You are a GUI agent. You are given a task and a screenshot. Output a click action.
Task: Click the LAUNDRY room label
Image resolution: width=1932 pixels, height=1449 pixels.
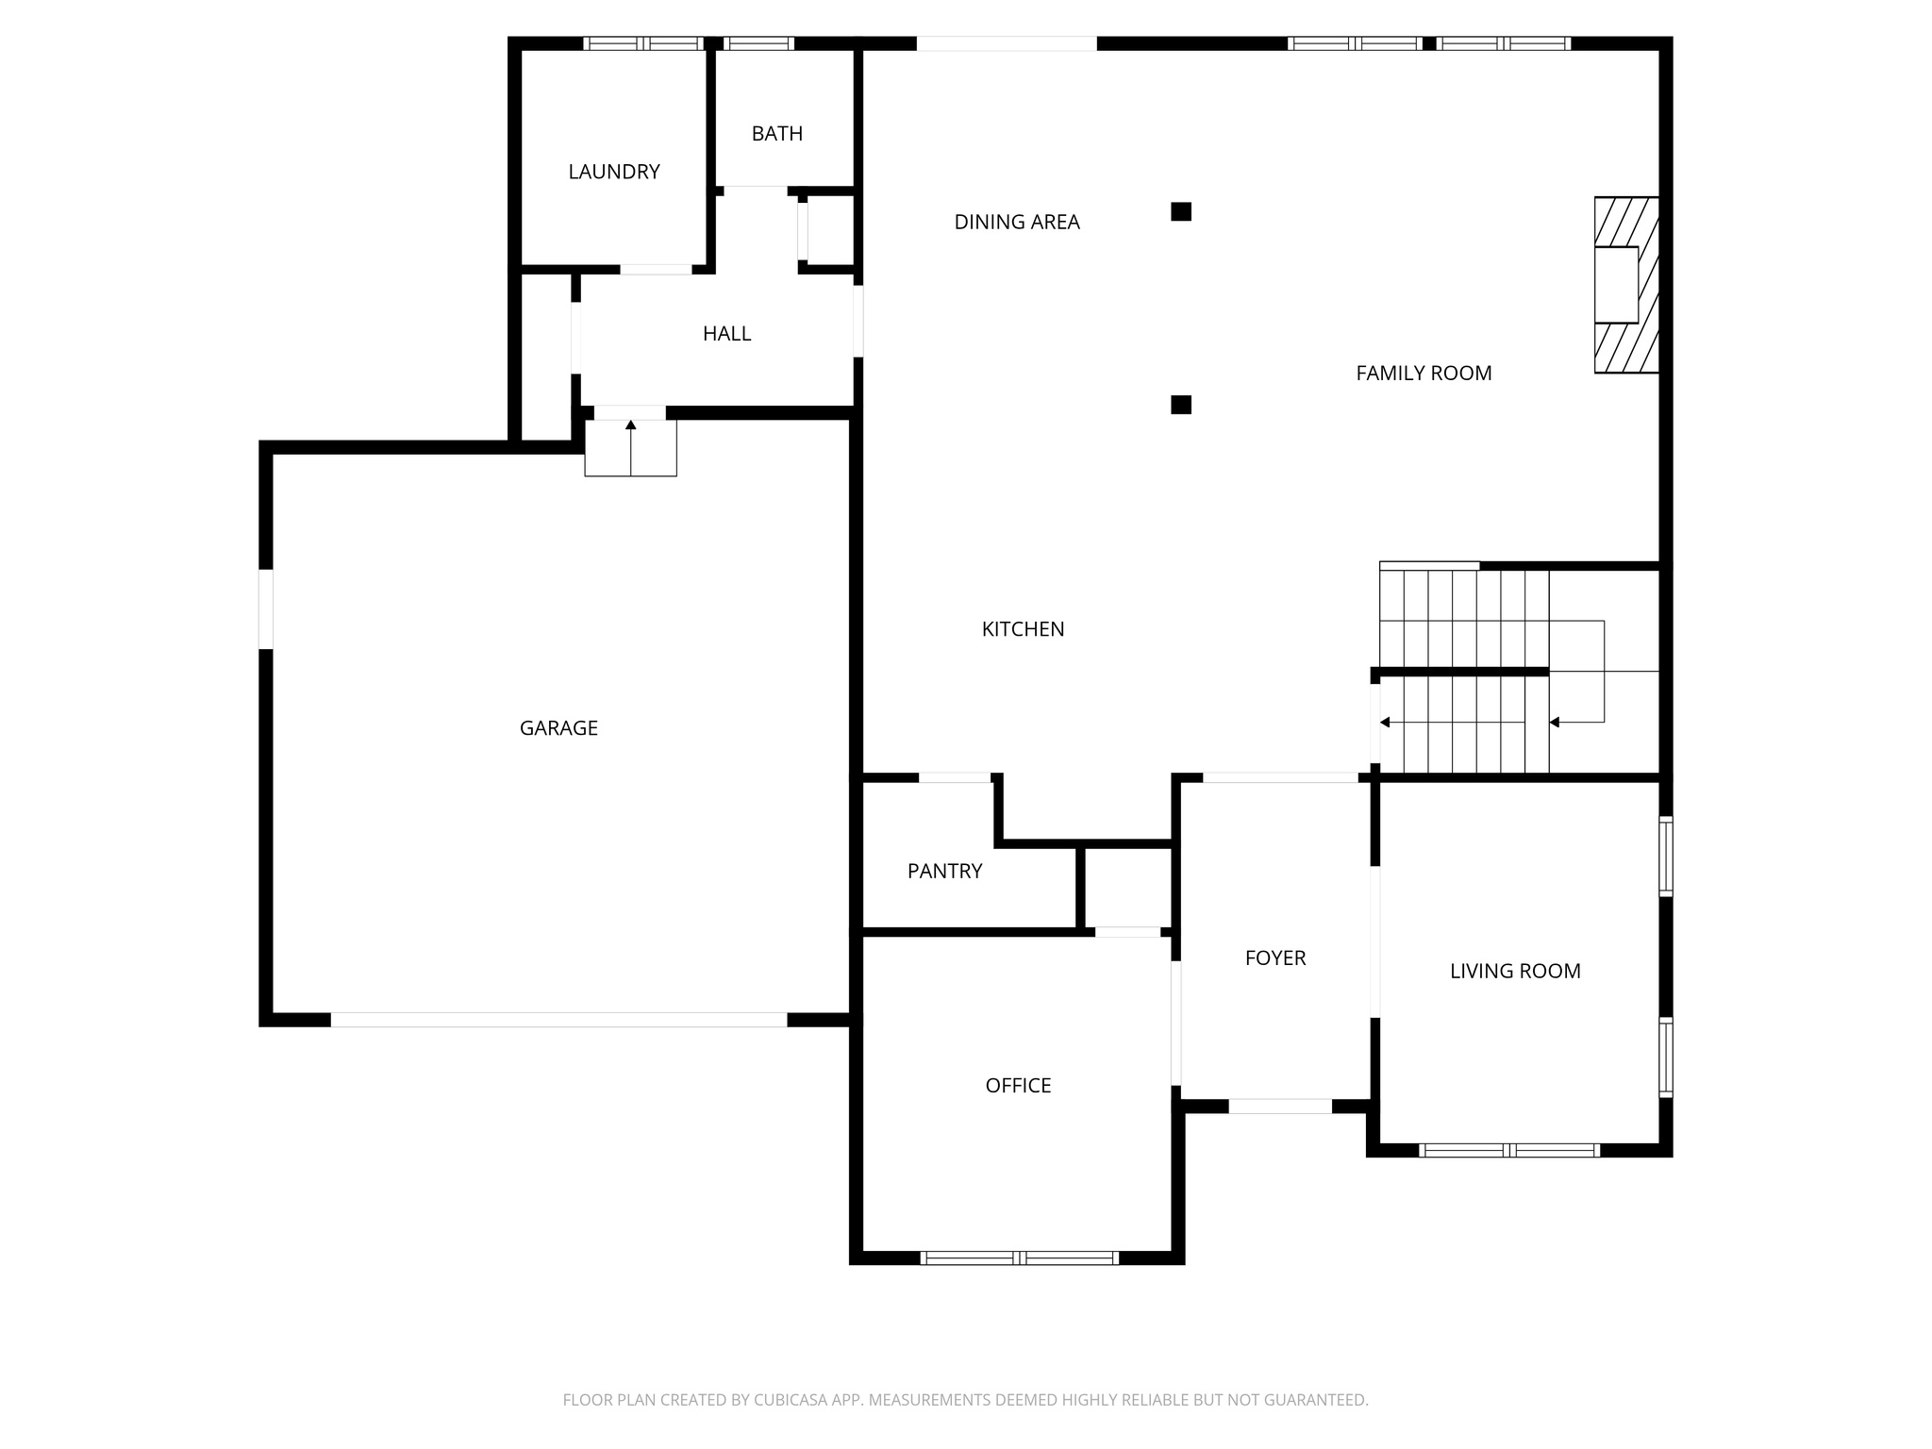[x=613, y=172]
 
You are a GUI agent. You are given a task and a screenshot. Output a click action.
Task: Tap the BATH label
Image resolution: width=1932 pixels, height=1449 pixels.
[x=776, y=134]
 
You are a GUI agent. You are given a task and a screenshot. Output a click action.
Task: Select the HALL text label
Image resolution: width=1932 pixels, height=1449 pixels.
[x=726, y=333]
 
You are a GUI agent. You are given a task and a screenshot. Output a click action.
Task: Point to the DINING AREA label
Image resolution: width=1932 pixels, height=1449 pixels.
[x=1016, y=222]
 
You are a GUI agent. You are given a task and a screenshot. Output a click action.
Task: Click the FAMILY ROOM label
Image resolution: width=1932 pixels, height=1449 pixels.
[x=1423, y=373]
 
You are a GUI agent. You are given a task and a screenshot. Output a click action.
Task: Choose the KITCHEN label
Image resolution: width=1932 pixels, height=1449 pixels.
[x=1023, y=629]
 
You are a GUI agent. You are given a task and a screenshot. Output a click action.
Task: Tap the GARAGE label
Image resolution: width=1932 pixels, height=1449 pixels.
[x=558, y=727]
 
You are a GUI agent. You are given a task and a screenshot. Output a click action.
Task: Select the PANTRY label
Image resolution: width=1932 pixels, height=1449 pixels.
[x=944, y=871]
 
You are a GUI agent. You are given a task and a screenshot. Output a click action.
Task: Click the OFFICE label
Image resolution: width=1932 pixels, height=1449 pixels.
[x=1018, y=1085]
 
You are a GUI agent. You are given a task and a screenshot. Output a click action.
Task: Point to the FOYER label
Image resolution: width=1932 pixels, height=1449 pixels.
[x=1274, y=958]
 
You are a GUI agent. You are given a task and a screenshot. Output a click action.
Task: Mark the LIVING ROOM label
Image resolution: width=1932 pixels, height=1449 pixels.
[x=1515, y=971]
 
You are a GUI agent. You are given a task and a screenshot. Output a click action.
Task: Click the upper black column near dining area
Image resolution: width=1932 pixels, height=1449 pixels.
[x=1180, y=211]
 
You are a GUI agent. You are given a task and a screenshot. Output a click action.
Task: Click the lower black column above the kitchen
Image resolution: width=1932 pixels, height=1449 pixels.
[x=1180, y=405]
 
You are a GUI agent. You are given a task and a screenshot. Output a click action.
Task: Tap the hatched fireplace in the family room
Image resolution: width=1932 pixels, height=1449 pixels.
[x=1626, y=284]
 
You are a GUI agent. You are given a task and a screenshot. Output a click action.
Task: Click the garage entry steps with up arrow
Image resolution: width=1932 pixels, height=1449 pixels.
[x=630, y=448]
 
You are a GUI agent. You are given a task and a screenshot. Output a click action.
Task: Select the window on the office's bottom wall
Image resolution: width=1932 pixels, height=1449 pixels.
[x=1019, y=1257]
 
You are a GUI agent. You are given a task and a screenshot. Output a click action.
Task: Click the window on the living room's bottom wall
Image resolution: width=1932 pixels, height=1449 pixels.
[x=1508, y=1150]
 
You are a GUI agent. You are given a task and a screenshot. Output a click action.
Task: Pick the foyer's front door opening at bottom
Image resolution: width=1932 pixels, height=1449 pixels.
[x=1279, y=1106]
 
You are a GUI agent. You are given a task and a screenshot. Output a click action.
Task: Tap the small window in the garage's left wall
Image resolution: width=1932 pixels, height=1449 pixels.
[x=266, y=608]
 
